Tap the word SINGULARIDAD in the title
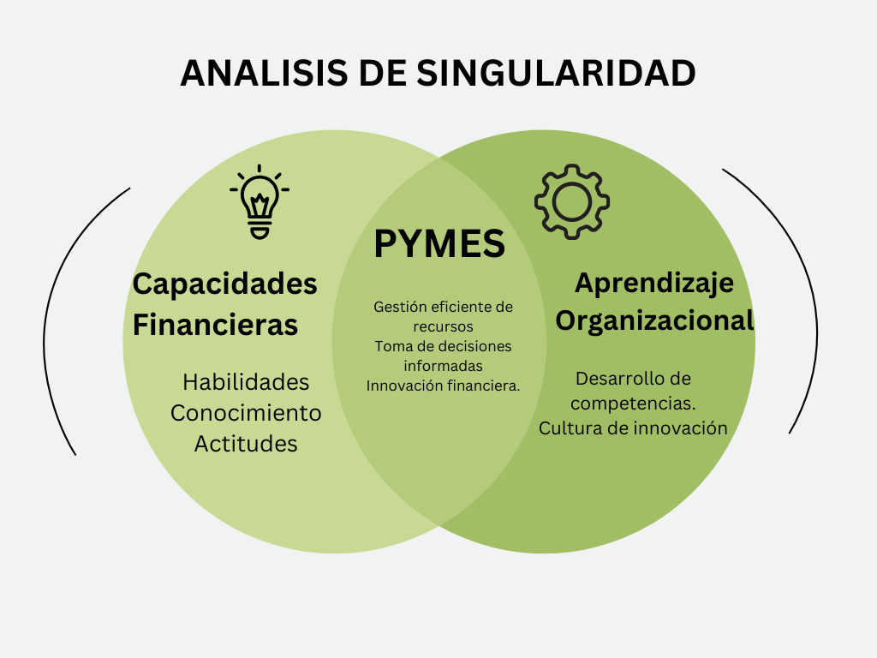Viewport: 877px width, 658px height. click(x=556, y=73)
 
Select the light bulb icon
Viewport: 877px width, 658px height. click(x=260, y=201)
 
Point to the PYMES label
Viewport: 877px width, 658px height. click(x=439, y=244)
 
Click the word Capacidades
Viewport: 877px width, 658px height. click(x=224, y=284)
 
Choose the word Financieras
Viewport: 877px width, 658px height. click(x=215, y=326)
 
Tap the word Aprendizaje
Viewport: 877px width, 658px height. click(x=654, y=282)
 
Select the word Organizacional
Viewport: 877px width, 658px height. click(x=654, y=320)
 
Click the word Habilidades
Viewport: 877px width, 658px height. click(x=246, y=382)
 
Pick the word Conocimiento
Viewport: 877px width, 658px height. click(x=246, y=413)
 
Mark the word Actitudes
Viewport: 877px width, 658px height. click(x=246, y=444)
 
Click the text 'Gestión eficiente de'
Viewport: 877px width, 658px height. click(x=443, y=307)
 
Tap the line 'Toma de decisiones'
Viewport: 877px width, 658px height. click(x=443, y=346)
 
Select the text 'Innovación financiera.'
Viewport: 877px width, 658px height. click(x=443, y=386)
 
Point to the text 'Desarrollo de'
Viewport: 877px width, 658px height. click(x=633, y=379)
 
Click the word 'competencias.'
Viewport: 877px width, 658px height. click(x=633, y=403)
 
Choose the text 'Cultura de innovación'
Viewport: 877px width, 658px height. click(x=633, y=428)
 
